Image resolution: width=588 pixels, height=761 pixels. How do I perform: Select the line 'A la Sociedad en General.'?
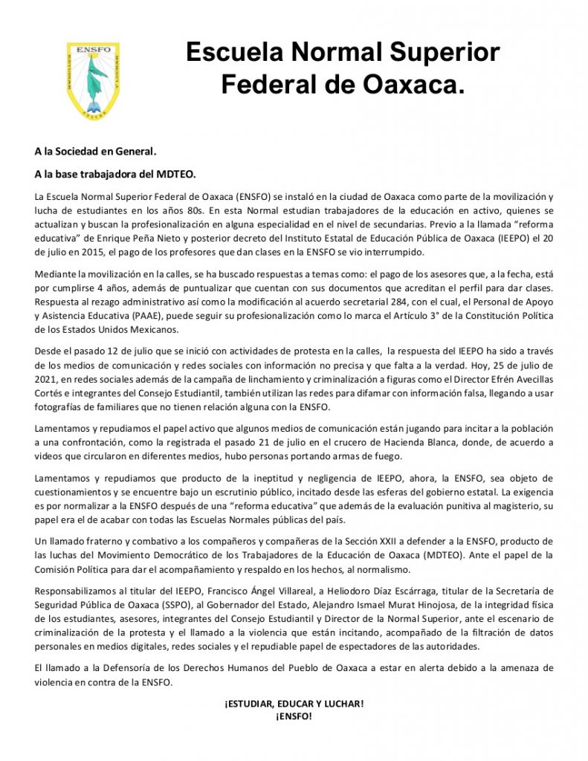coord(95,152)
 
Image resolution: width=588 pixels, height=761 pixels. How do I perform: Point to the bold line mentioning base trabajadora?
coord(114,175)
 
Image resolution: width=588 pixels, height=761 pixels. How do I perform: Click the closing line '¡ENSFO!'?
coord(294,717)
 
